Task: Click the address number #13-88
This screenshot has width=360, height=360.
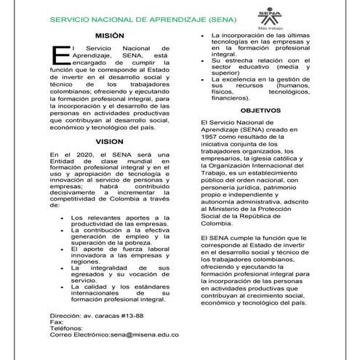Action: coord(142,316)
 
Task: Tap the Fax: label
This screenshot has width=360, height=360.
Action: coord(56,322)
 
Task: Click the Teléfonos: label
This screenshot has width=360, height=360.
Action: coord(67,328)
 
